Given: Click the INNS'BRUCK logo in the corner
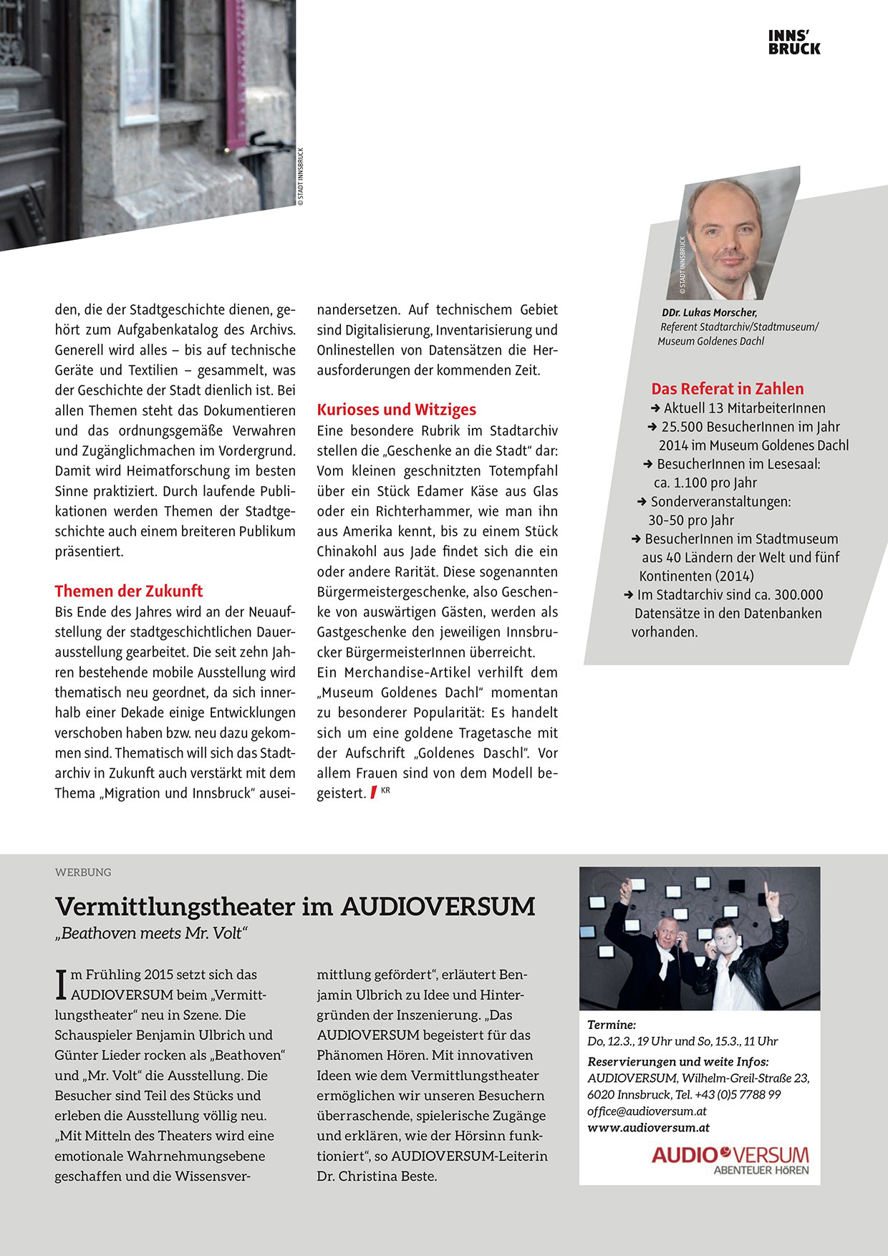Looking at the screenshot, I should (x=794, y=42).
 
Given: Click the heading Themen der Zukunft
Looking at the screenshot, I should (x=129, y=591).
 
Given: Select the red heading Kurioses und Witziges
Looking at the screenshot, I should (x=396, y=410).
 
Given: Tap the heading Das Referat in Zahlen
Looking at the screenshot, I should (x=727, y=389).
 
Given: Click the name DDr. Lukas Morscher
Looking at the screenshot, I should (x=710, y=312).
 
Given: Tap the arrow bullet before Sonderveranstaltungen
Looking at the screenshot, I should (x=642, y=502).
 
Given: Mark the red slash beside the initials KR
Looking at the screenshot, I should (x=373, y=793).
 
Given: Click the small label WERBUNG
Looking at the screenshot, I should (x=83, y=872).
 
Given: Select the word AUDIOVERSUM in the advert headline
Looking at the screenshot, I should (x=438, y=907).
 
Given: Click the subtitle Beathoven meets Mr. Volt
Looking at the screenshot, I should (x=151, y=934).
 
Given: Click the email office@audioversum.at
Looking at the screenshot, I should (x=647, y=1111).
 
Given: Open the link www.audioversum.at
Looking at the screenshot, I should (x=648, y=1128).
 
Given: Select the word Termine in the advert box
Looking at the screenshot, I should (x=611, y=1025).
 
